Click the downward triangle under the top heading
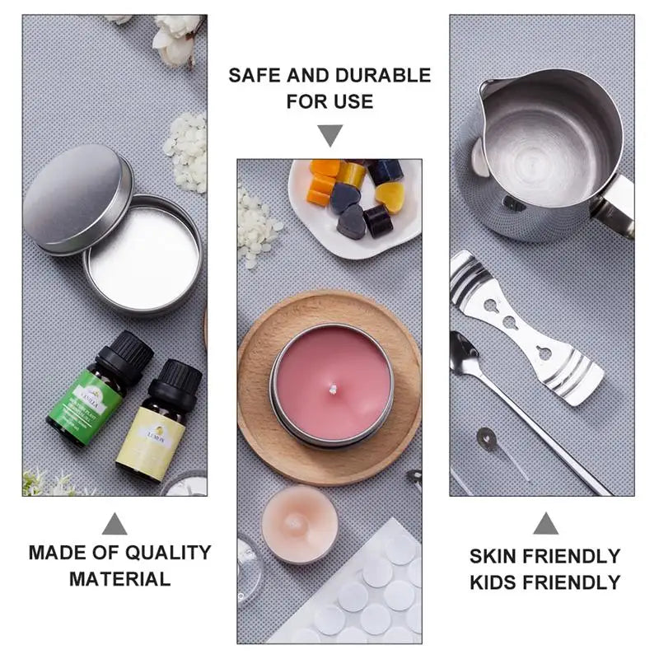tap(330, 135)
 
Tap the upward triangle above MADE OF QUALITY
tap(115, 524)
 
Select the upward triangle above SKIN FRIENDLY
tap(544, 523)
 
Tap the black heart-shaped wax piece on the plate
tap(352, 222)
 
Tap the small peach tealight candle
tap(299, 524)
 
